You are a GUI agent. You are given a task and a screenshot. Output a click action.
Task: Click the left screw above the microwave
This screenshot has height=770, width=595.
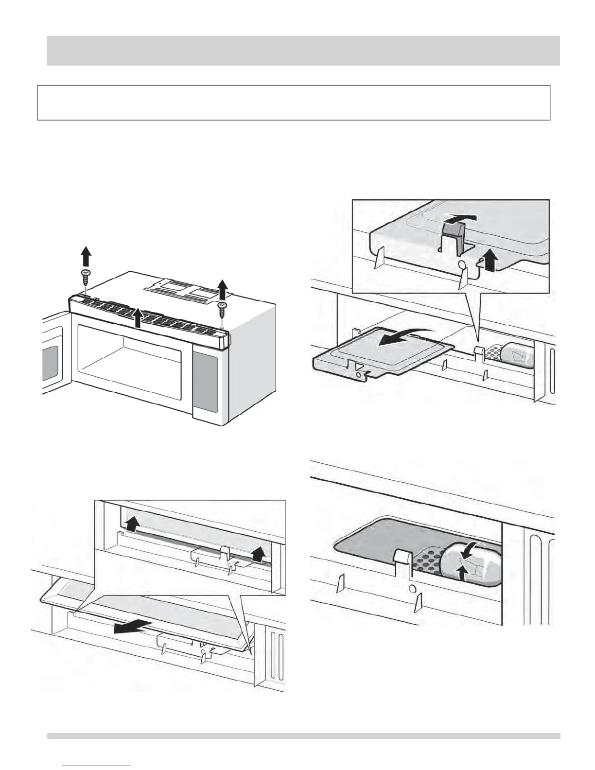point(86,278)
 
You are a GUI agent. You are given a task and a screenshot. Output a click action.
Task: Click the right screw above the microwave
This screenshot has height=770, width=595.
point(223,307)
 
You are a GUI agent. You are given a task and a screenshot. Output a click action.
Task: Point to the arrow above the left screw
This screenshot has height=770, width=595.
point(86,256)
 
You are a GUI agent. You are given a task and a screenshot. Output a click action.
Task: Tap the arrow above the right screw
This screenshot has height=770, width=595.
point(223,288)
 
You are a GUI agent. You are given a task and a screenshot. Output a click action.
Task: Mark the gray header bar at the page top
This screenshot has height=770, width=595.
point(303,51)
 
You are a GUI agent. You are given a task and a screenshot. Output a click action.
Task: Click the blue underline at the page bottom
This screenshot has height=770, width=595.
point(97,766)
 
